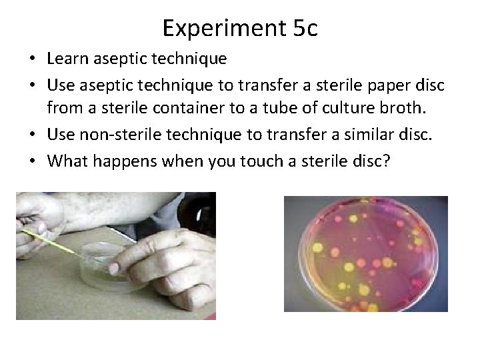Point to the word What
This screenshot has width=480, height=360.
tap(68, 160)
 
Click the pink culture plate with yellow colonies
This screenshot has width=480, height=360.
tap(365, 253)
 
